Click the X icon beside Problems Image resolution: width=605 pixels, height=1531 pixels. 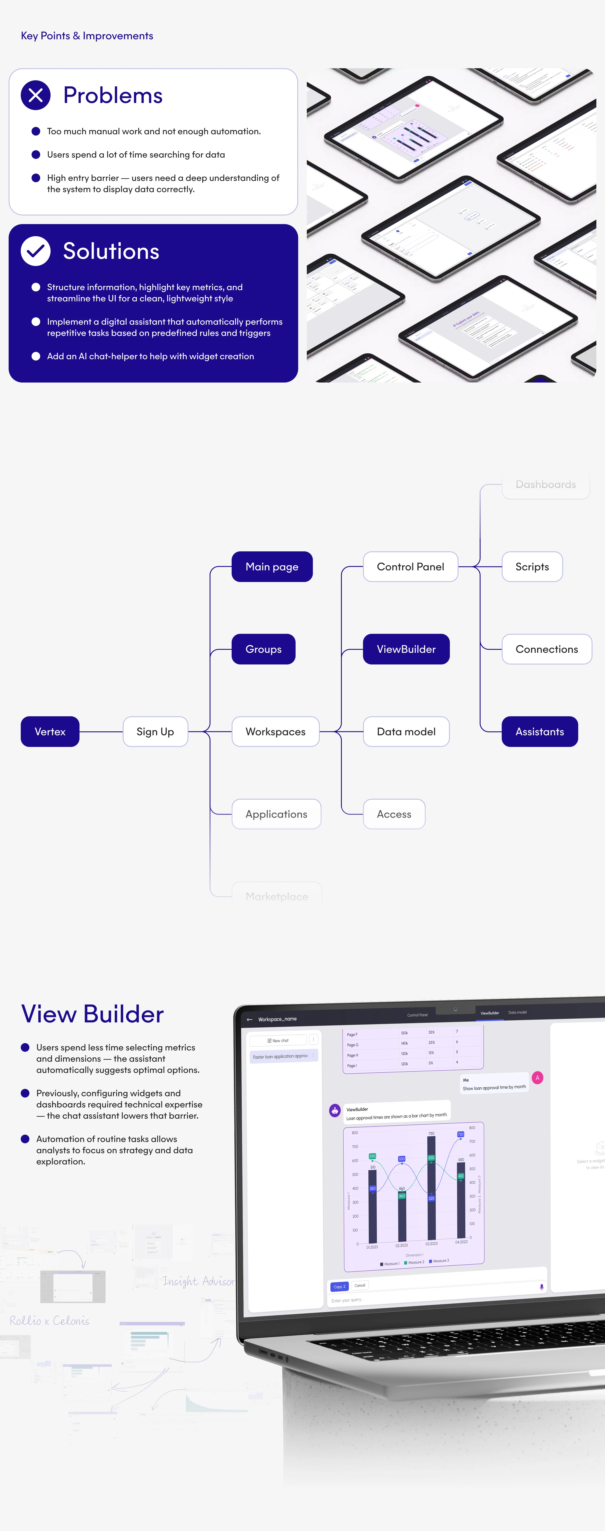pyautogui.click(x=36, y=95)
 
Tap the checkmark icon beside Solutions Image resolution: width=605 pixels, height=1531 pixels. pyautogui.click(x=36, y=251)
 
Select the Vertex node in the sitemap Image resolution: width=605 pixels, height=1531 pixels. pyautogui.click(x=50, y=732)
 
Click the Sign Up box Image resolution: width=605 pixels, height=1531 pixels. pyautogui.click(x=155, y=732)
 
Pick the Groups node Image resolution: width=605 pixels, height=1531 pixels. pyautogui.click(x=264, y=649)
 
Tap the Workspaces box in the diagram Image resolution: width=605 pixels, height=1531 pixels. pyautogui.click(x=275, y=732)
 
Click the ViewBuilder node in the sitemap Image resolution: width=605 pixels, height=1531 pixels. pyautogui.click(x=406, y=649)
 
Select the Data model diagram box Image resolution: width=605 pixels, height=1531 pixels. pyautogui.click(x=406, y=732)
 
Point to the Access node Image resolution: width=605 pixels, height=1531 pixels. pyautogui.click(x=394, y=814)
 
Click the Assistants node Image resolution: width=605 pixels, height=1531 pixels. pyautogui.click(x=540, y=732)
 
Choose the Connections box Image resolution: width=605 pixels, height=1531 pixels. pyautogui.click(x=547, y=649)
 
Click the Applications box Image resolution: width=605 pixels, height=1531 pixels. pyautogui.click(x=276, y=814)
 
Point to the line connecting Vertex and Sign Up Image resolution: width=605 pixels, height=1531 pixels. pyautogui.click(x=101, y=732)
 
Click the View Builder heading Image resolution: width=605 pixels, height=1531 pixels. pyautogui.click(x=92, y=1014)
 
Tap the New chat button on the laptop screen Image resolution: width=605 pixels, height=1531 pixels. pyautogui.click(x=278, y=1040)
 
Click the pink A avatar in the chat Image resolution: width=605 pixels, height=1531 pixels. pyautogui.click(x=537, y=1077)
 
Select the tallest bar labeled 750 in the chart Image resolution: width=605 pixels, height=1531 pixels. pyautogui.click(x=431, y=1189)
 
